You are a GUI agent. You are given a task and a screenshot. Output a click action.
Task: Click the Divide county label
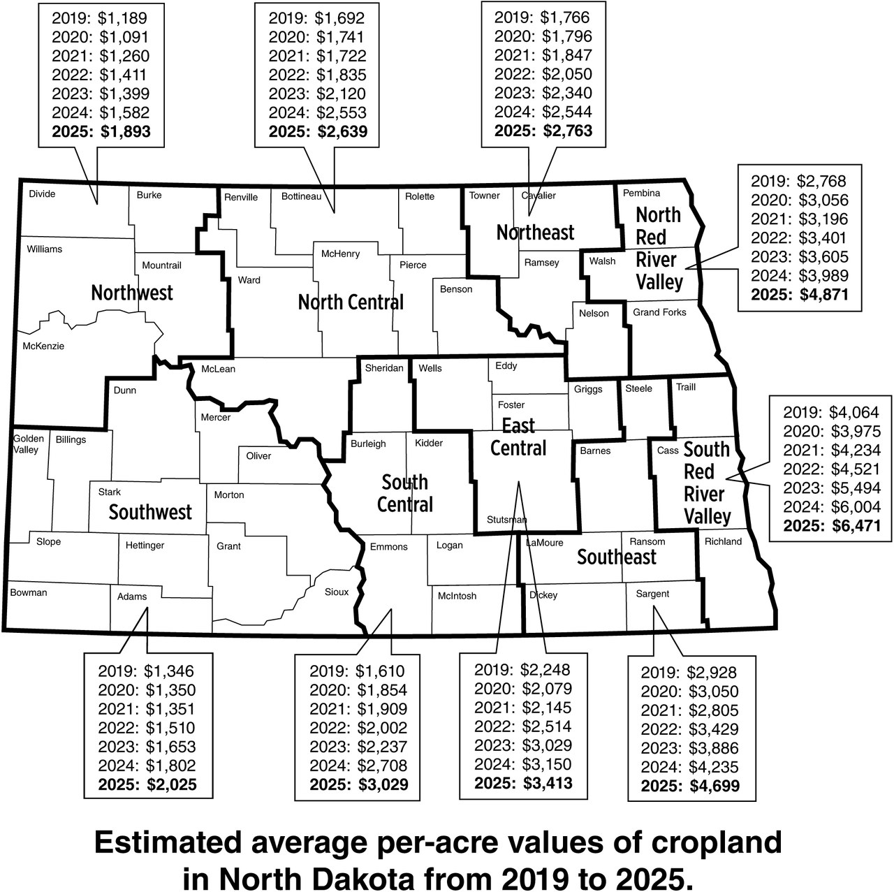click(42, 193)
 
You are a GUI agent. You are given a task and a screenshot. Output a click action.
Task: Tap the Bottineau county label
click(301, 196)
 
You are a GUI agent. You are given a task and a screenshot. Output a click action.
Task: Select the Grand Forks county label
click(659, 312)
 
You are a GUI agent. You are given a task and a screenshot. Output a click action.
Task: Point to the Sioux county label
click(337, 592)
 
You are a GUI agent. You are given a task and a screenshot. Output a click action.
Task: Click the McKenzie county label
click(43, 346)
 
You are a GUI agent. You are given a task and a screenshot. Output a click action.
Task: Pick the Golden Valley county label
click(28, 444)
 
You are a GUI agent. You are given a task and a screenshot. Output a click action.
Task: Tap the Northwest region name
click(132, 292)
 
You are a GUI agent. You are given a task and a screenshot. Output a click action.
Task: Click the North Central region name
click(351, 302)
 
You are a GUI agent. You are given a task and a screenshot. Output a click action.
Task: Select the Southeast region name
click(617, 557)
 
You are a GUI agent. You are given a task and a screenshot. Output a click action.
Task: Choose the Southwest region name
click(150, 512)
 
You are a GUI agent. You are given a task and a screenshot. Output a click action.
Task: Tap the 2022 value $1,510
click(170, 728)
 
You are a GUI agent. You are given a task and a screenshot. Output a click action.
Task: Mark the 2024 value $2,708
click(382, 766)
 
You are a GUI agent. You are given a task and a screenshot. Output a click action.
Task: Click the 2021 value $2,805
click(713, 710)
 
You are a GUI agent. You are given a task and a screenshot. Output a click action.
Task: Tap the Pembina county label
click(641, 193)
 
